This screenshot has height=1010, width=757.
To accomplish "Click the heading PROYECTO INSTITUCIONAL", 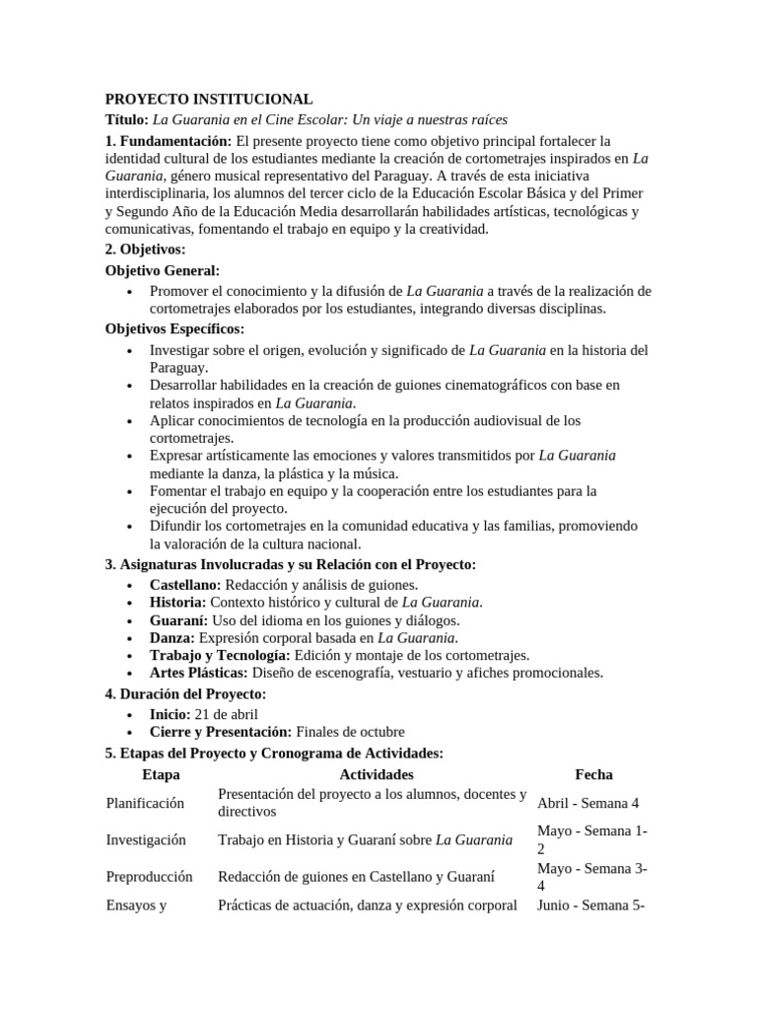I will click(x=209, y=100).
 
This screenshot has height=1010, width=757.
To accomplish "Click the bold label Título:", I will click(x=126, y=118).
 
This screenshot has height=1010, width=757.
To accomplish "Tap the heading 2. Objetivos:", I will click(x=145, y=250).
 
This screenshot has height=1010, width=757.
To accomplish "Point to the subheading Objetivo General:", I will click(x=163, y=270).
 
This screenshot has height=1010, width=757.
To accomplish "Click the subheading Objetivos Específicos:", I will click(x=174, y=328).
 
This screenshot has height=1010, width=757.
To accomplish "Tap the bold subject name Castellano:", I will click(x=185, y=585).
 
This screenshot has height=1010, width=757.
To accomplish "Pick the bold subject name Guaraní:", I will click(x=177, y=620).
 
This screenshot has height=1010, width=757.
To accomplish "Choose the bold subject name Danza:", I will click(x=172, y=638).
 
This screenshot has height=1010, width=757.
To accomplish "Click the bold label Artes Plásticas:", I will click(x=198, y=673).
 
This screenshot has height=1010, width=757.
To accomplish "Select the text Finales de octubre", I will click(x=350, y=732).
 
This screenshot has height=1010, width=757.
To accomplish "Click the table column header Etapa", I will click(x=161, y=775).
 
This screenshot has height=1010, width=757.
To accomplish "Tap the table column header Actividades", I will click(x=376, y=775).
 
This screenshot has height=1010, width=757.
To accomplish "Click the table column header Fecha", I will click(x=593, y=775).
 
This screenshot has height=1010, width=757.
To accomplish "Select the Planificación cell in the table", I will click(x=145, y=803).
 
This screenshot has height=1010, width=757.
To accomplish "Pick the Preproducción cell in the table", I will click(x=149, y=876).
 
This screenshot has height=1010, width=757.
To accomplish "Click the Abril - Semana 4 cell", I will click(x=587, y=803).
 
